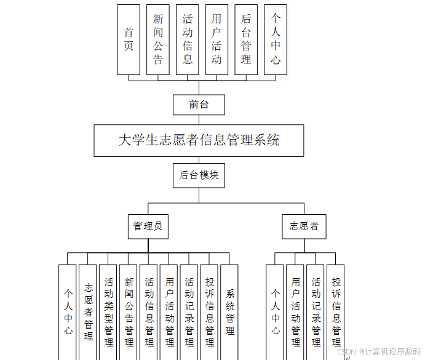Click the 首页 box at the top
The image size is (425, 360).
click(x=129, y=39)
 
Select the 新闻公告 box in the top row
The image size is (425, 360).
click(x=158, y=39)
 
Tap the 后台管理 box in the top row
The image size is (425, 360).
click(x=246, y=39)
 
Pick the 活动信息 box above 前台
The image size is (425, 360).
click(x=188, y=39)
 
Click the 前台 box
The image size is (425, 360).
click(x=199, y=105)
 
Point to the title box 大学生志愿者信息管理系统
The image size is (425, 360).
click(x=199, y=140)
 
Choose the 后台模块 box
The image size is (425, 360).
click(x=199, y=175)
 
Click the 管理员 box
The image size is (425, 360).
click(x=148, y=226)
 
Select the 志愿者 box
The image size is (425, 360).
click(x=304, y=226)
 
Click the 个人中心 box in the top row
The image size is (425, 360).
click(x=276, y=39)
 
